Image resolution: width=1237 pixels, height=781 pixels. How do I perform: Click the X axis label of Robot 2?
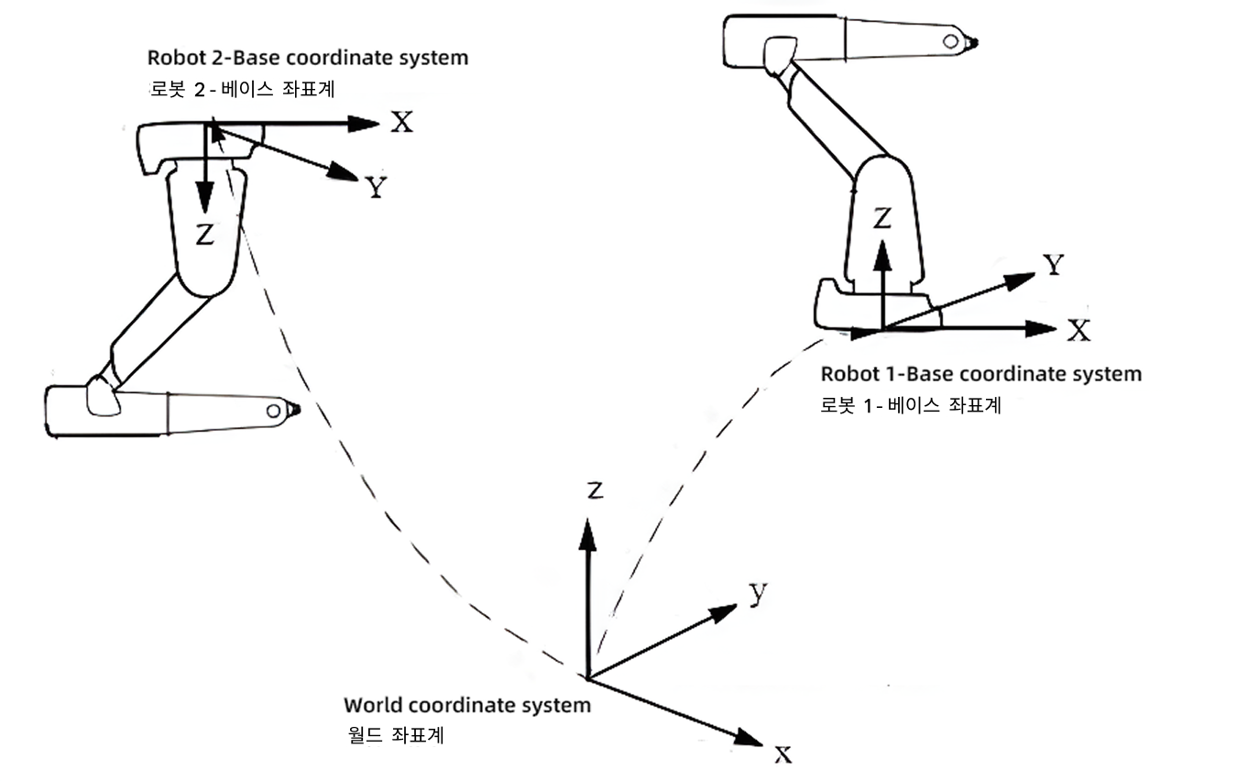click(401, 122)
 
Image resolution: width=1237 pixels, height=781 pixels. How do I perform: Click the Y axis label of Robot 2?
click(375, 188)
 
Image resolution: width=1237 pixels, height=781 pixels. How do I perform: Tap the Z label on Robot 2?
click(205, 236)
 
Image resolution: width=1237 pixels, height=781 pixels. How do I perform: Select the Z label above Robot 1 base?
click(881, 218)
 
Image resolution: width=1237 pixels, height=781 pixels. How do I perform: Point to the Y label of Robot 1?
click(1054, 266)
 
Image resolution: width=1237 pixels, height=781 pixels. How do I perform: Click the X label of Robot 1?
click(1079, 331)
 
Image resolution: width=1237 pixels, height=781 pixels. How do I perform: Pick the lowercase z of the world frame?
click(595, 491)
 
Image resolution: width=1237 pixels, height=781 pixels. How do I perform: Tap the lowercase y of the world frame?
click(757, 594)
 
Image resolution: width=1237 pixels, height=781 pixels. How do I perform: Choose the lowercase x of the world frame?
click(783, 754)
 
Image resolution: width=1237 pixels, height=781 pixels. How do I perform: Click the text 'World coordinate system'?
click(467, 706)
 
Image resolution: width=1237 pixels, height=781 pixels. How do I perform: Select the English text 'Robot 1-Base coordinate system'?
click(980, 374)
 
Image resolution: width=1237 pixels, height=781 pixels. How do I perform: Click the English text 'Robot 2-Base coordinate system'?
click(308, 58)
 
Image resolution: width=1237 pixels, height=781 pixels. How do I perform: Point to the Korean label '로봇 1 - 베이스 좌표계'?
click(911, 405)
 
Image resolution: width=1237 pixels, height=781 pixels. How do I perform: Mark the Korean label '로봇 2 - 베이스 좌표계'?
click(247, 89)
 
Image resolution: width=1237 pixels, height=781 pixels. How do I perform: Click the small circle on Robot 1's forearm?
click(952, 41)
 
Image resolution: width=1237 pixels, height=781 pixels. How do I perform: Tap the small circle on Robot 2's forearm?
click(272, 411)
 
